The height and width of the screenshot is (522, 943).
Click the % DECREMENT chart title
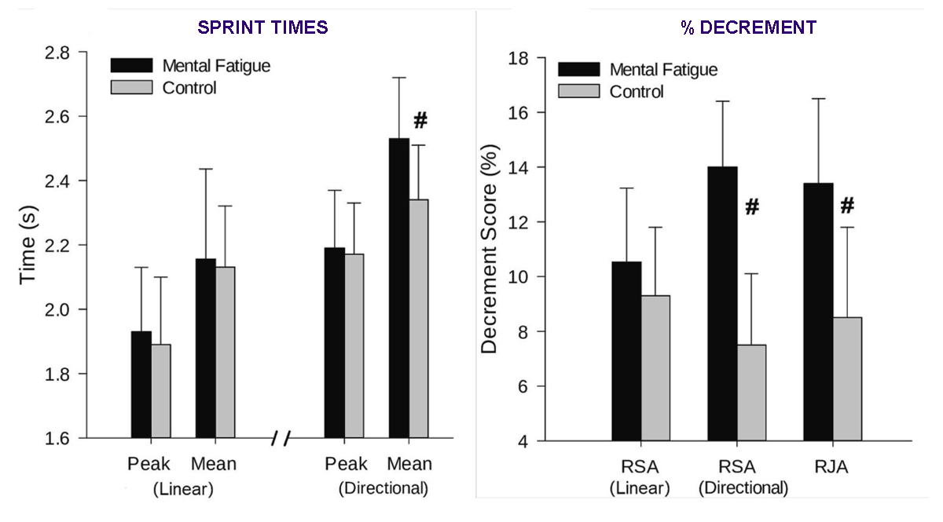pos(747,27)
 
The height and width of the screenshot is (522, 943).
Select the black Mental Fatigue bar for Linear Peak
pos(141,385)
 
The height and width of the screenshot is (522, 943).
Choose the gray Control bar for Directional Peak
pos(354,345)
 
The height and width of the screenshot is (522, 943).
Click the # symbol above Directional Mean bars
pos(420,120)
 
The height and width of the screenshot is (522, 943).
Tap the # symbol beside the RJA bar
pos(847,206)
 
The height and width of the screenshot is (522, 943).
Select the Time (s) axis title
pos(29,246)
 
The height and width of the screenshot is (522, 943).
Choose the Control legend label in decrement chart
pos(637,92)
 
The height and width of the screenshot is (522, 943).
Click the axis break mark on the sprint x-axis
pos(281,438)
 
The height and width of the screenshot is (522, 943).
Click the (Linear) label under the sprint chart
pos(182,489)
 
